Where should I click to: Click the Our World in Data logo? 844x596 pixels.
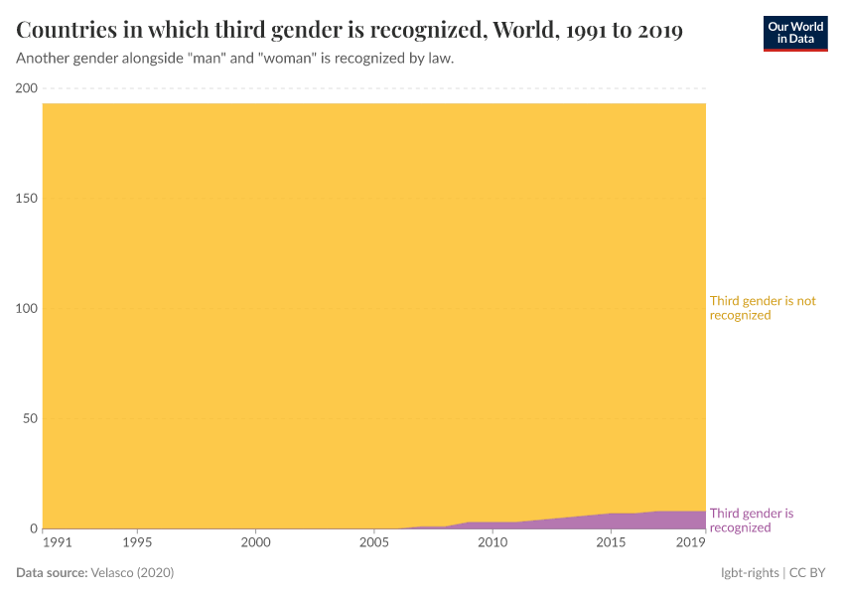794,33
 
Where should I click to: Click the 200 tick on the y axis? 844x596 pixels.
26,88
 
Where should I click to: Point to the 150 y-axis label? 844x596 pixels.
26,199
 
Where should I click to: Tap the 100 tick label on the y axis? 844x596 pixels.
26,309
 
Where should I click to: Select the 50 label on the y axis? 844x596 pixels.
30,418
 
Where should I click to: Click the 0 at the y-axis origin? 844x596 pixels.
33,528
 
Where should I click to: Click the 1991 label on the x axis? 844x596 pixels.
58,543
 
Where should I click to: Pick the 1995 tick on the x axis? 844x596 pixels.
137,543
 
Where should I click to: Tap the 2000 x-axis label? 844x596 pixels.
255,543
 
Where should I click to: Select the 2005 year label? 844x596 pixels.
373,543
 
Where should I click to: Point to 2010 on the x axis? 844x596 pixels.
492,543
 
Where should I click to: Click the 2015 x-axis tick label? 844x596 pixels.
611,543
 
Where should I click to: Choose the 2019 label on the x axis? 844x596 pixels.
690,543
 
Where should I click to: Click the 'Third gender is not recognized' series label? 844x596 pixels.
762,308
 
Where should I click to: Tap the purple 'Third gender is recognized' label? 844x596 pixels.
752,521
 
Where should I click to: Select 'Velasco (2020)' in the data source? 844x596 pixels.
133,573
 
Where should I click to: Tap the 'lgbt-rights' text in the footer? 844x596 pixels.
750,573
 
